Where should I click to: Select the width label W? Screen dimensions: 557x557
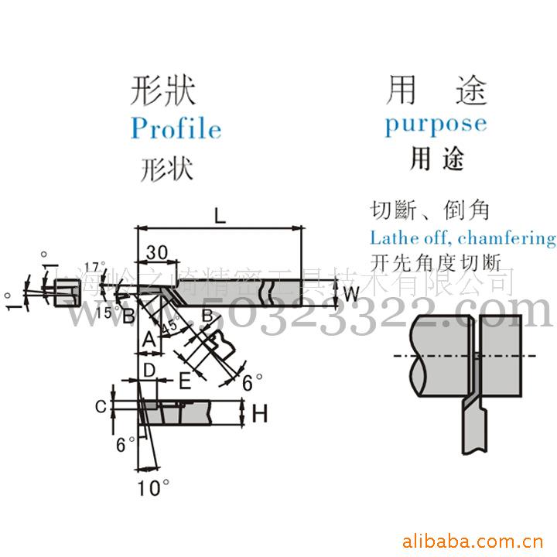[x=350, y=294]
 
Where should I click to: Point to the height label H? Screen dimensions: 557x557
[x=260, y=414]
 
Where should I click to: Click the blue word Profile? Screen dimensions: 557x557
[x=176, y=128]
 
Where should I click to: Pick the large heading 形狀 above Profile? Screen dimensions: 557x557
[x=164, y=91]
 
